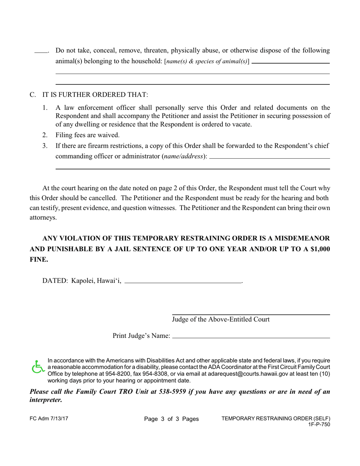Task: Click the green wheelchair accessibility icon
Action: pyautogui.click(x=38, y=367)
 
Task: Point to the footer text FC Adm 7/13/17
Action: pyautogui.click(x=49, y=419)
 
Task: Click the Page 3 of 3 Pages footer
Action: pyautogui.click(x=171, y=419)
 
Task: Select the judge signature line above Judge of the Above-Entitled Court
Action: pyautogui.click(x=251, y=314)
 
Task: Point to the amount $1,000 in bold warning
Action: pyautogui.click(x=318, y=249)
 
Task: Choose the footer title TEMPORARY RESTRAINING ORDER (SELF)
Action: pyautogui.click(x=275, y=418)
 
